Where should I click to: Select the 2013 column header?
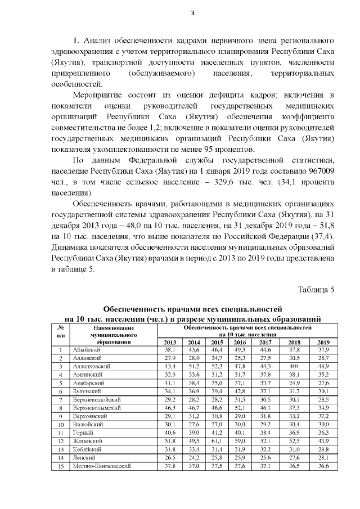170,342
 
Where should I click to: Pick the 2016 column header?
240,342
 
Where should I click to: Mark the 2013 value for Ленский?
170,458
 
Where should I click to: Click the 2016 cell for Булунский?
240,391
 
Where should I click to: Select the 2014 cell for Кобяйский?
193,450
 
